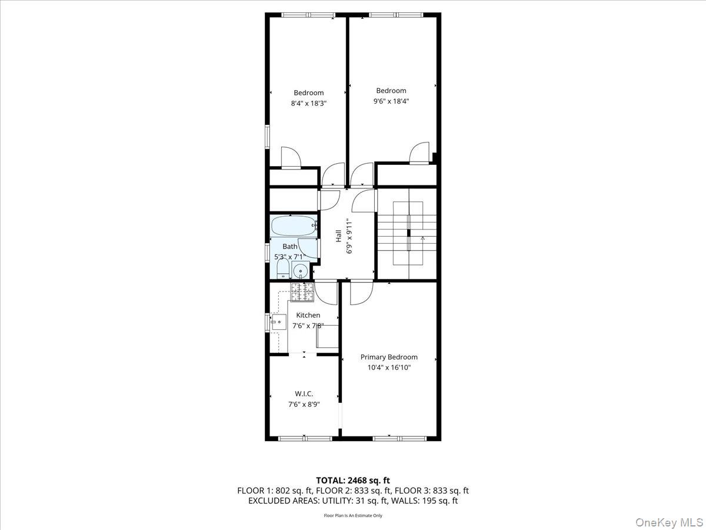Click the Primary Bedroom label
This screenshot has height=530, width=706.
(x=389, y=357)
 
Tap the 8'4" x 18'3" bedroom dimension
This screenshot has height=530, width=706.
(x=308, y=103)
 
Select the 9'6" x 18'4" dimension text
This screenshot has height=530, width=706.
(x=391, y=101)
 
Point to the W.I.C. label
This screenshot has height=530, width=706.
(x=304, y=393)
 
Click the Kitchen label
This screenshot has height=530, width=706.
(x=308, y=315)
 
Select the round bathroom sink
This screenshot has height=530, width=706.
(x=301, y=271)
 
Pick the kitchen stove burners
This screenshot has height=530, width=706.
(x=301, y=289)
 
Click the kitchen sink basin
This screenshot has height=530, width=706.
(x=278, y=323)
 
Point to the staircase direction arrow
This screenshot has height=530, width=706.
(x=422, y=238)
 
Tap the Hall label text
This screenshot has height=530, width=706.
(x=339, y=236)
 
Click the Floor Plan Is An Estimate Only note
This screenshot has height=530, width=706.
(x=353, y=516)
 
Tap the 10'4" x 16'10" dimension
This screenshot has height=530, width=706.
(x=389, y=367)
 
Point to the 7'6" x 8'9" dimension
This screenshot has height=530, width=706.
(x=304, y=404)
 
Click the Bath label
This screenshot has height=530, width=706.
(x=290, y=247)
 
